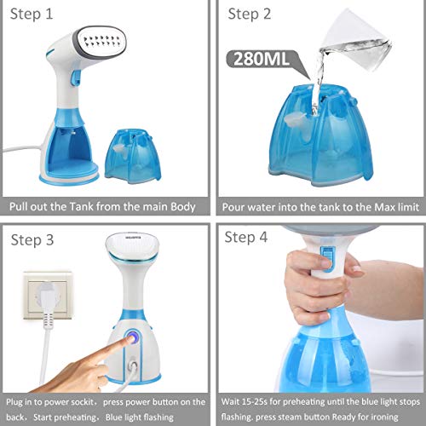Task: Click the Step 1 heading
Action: click(x=32, y=14)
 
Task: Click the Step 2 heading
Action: click(x=250, y=14)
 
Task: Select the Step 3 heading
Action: click(x=32, y=240)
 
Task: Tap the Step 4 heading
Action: click(x=246, y=237)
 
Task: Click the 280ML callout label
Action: click(x=262, y=59)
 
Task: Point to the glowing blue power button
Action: click(x=131, y=338)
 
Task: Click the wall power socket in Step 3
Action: click(x=48, y=296)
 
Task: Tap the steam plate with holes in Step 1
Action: click(x=101, y=41)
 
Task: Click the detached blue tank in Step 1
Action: click(x=133, y=156)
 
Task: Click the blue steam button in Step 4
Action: click(x=328, y=259)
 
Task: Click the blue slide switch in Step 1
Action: click(x=76, y=78)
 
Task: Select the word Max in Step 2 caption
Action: click(x=384, y=207)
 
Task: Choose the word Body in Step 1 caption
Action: click(x=183, y=207)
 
